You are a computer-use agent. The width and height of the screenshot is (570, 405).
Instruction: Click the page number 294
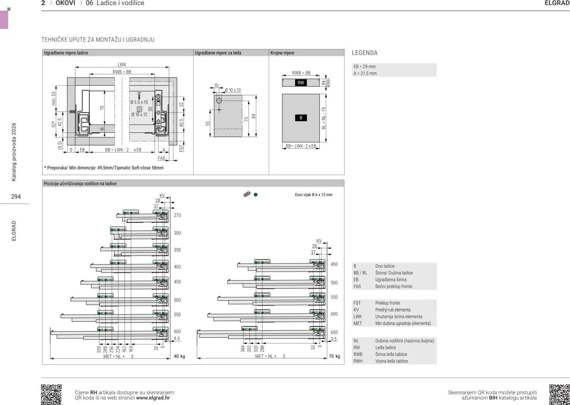16,197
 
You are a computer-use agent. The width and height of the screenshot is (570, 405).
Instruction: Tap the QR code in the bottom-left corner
51,394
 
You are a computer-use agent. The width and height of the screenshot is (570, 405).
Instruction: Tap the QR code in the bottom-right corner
559,394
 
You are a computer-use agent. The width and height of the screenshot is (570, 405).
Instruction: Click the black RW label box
301,83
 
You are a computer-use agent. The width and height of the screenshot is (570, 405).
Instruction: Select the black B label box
301,118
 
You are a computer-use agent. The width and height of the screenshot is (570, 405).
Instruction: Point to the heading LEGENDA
364,53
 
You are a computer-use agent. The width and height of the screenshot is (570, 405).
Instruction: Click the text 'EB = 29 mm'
364,67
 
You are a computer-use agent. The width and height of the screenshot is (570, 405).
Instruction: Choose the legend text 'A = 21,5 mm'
365,74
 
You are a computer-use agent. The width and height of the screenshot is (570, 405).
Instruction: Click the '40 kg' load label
179,356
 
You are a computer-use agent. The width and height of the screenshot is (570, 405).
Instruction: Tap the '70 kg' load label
334,356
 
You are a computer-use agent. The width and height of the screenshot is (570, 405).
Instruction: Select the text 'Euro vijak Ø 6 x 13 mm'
313,195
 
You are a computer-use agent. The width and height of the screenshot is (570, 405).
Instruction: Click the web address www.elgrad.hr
153,398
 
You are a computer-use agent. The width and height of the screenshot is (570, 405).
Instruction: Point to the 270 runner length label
177,215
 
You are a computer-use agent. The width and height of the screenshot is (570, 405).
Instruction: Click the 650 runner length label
334,332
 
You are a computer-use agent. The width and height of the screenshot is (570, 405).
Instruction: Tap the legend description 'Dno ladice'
385,266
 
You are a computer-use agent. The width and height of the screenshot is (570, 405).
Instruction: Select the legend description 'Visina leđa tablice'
391,361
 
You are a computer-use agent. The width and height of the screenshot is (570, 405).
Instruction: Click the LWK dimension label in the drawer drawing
122,65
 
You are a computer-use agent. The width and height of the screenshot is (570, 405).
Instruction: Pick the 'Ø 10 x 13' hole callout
232,90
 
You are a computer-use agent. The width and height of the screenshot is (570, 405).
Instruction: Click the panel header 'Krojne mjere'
282,53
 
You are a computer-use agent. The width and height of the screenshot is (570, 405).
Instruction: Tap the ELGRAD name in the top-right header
557,3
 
